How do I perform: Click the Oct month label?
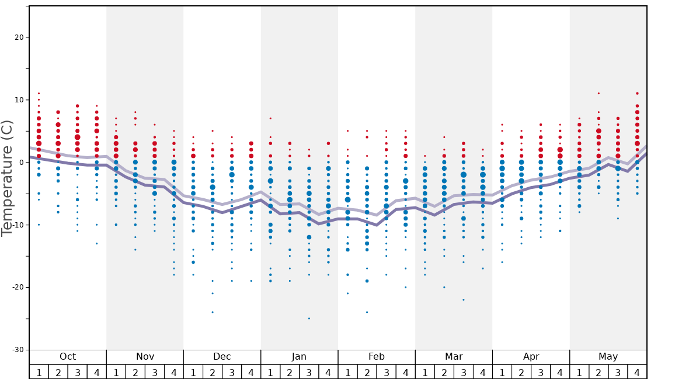[x=68, y=357]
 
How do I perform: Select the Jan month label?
[x=299, y=357]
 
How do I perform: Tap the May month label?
[x=608, y=357]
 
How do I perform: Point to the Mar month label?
[x=454, y=357]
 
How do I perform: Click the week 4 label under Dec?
[x=251, y=372]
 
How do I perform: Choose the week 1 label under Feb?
[x=347, y=372]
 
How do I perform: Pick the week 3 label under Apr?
[x=541, y=372]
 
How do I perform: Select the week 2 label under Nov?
[x=135, y=372]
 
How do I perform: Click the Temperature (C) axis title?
[x=7, y=178]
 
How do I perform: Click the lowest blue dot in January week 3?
[x=309, y=318]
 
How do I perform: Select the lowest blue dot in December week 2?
[x=213, y=312]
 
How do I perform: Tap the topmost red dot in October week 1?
[x=39, y=94]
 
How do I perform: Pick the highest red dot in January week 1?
[x=270, y=118]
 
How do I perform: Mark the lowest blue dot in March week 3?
[x=464, y=299]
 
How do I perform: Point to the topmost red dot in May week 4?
[x=637, y=94]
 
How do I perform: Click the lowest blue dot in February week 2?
[x=367, y=312]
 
